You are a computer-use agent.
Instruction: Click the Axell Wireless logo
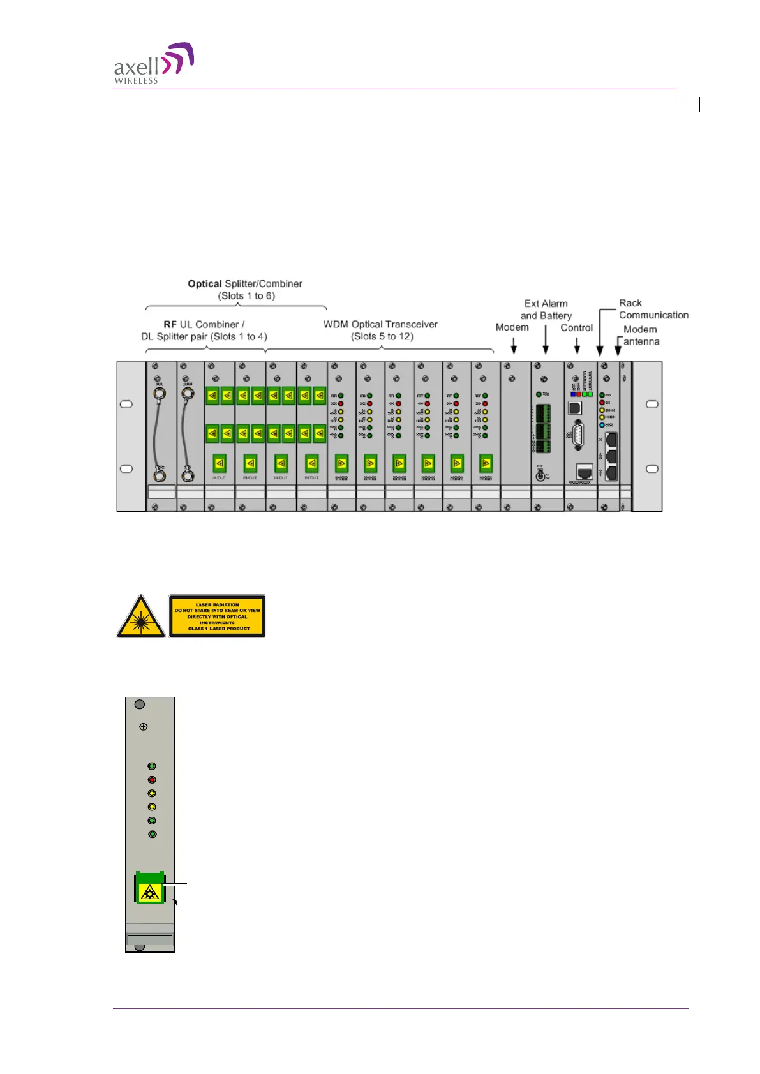coord(154,63)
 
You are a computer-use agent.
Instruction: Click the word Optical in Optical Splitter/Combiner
coord(204,284)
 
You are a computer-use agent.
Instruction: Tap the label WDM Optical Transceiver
coord(380,324)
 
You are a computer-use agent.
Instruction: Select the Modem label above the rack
coord(512,327)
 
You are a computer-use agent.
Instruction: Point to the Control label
coord(576,328)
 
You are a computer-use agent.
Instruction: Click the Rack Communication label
coord(653,309)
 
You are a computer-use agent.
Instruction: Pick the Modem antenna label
coord(641,336)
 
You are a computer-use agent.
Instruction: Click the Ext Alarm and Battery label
coord(546,310)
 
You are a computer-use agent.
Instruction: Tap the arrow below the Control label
coord(577,346)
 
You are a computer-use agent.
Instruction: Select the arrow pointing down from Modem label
coord(514,346)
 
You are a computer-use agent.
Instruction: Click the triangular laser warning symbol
coord(141,616)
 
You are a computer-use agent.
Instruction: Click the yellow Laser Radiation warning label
coord(217,616)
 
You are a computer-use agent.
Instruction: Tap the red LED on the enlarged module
coord(152,780)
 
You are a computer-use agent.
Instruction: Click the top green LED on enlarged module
coord(152,766)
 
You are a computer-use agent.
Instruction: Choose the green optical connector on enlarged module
coord(150,888)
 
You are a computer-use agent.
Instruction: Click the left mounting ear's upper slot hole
coord(126,405)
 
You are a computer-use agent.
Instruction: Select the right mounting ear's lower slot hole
coord(652,468)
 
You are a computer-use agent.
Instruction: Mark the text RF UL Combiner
coord(204,325)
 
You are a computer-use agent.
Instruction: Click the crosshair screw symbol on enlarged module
coord(144,727)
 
